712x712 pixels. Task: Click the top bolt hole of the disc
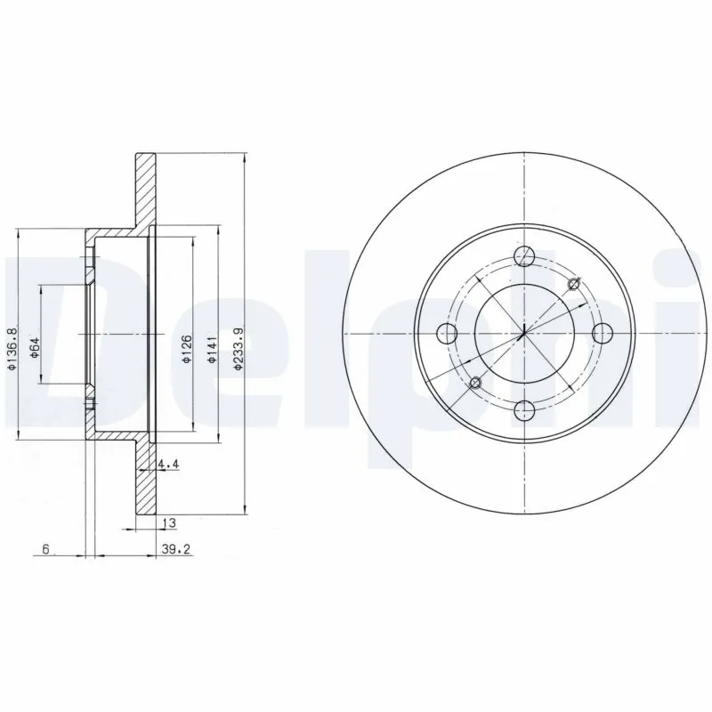coord(525,256)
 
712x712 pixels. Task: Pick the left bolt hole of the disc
coord(449,334)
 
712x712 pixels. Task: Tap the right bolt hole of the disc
coord(603,333)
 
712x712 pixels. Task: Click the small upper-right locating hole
coord(573,284)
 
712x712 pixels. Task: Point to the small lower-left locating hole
coord(475,383)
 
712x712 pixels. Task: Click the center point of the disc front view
coord(525,334)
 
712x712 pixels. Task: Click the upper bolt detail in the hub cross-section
coord(91,266)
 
